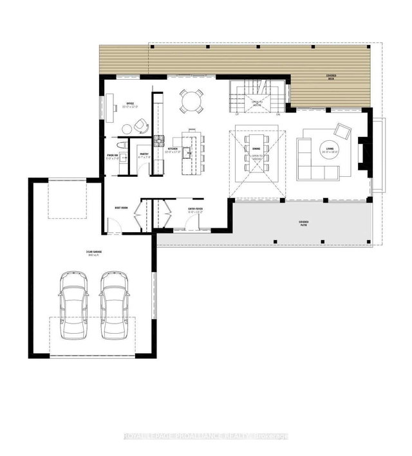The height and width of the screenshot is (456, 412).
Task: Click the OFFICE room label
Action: [129, 103]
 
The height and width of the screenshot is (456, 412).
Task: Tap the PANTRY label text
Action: [144, 154]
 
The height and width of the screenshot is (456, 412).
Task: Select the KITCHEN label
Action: [173, 149]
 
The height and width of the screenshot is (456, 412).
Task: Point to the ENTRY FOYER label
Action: [196, 208]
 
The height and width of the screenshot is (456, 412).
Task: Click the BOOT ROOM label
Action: [121, 208]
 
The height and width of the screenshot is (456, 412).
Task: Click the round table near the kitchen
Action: [191, 101]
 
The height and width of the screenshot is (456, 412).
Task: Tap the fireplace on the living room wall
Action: [362, 155]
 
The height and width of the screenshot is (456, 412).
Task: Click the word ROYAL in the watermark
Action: [136, 438]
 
